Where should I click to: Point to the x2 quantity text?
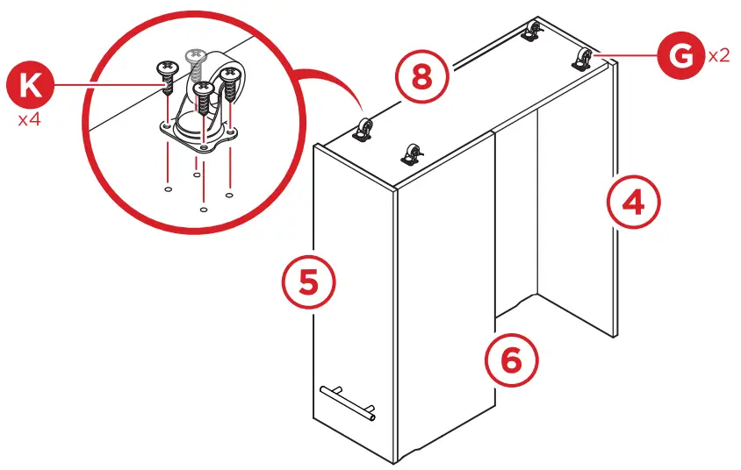[718, 55]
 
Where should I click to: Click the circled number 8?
[421, 77]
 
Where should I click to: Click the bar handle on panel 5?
[349, 401]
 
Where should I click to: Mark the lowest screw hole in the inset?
[204, 210]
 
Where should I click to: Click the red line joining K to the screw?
[105, 85]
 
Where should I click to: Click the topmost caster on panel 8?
[531, 32]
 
